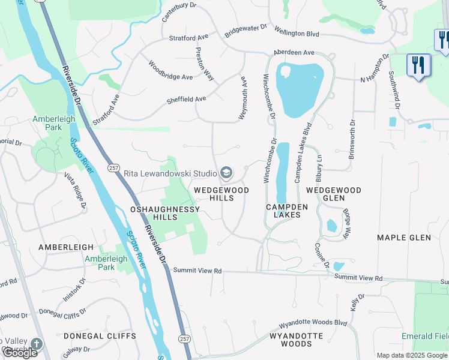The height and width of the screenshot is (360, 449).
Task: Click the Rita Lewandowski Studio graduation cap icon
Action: [226, 173]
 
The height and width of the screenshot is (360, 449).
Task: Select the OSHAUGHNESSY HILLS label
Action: [164, 213]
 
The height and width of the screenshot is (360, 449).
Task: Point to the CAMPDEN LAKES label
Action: [287, 211]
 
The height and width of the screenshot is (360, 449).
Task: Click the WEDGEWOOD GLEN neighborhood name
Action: [334, 194]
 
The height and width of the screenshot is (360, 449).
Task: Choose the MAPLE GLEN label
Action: [404, 238]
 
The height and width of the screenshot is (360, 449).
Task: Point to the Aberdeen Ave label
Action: [294, 53]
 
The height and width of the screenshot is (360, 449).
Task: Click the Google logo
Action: [19, 353]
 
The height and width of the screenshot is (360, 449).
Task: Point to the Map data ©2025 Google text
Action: [411, 355]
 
